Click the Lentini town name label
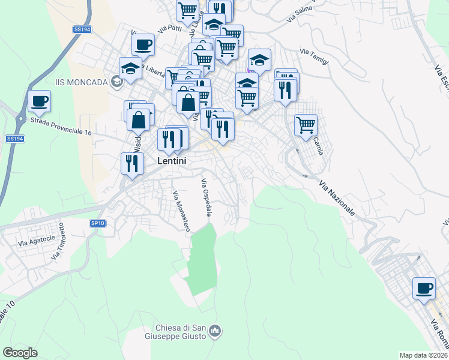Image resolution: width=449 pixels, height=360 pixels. pos(172,161)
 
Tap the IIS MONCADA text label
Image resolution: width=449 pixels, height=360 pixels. pos(80,82)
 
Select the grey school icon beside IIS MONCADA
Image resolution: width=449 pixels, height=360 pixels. pos(116,82)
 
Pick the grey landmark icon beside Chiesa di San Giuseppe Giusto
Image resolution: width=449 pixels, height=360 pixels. pos(217,331)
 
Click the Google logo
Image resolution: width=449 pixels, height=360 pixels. pos(20,353)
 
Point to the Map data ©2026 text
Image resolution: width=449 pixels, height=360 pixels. pos(423,355)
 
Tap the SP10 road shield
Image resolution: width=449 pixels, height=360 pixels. pos(98,223)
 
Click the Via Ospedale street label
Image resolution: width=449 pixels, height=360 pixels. pos(207,197)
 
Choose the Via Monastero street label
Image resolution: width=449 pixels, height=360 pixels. pos(181,211)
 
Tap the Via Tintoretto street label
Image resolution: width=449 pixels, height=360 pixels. pos(61,242)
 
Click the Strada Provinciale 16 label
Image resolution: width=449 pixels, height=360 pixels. pos(61,127)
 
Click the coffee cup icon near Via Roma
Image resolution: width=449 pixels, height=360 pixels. pos(424,288)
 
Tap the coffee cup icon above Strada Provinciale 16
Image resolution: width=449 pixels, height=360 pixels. pos(39,101)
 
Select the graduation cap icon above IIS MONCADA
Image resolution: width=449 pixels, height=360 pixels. pos(130,68)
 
